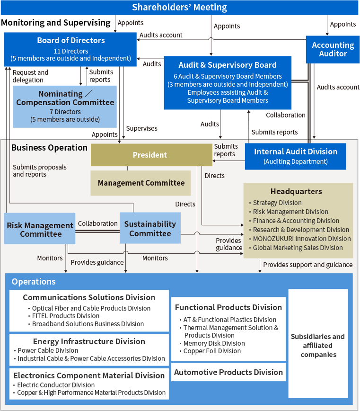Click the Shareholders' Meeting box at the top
tap(179, 8)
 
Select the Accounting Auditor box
tap(333, 49)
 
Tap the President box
tap(150, 155)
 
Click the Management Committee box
tap(141, 183)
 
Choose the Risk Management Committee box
tap(40, 230)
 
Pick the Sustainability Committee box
tap(150, 228)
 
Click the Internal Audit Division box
tap(296, 156)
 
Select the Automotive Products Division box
tap(228, 372)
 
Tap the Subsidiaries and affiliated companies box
tap(318, 345)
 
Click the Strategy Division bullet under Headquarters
tap(277, 203)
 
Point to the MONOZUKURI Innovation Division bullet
tap(302, 239)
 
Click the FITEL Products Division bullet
tap(66, 316)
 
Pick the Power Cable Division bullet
tap(48, 350)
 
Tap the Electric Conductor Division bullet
tap(56, 385)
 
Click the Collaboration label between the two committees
tap(97, 223)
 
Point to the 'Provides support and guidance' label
tap(307, 265)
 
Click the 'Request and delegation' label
tap(30, 76)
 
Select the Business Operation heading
tap(49, 147)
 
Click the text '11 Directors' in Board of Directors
tap(70, 51)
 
